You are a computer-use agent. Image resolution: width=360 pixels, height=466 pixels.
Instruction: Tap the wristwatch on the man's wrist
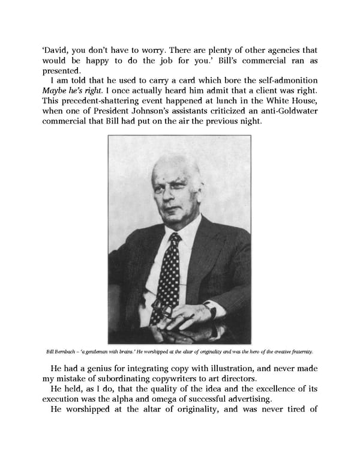[x=211, y=311]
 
